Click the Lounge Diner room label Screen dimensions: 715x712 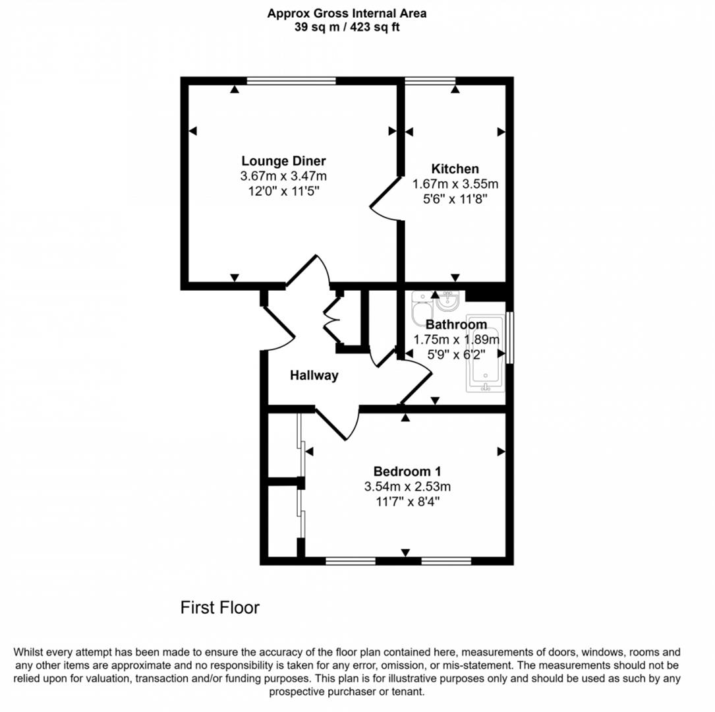pos(283,161)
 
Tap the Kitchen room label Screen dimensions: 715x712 pos(455,169)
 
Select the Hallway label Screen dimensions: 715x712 pos(314,375)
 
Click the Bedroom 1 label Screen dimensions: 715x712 pos(407,471)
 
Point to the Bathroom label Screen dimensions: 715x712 pos(457,324)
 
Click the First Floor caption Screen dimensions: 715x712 pos(220,608)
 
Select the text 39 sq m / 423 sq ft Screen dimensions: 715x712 pos(347,27)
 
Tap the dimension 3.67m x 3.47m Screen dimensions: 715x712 pos(283,175)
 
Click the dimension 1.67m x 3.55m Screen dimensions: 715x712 pos(455,184)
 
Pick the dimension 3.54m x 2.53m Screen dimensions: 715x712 pos(407,487)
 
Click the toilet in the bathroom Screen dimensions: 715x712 pos(422,309)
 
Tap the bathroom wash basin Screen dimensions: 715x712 pos(449,300)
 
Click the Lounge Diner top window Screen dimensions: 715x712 pos(291,80)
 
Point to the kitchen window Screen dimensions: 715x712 pos(430,80)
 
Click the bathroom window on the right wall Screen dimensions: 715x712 pos(510,338)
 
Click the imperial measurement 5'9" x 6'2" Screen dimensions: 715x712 pos(456,355)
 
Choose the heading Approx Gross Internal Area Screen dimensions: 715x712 pos(347,13)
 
